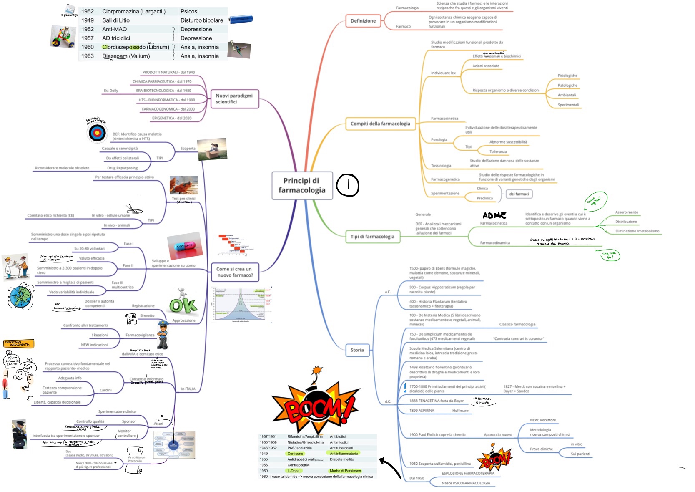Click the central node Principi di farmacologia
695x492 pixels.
(302, 185)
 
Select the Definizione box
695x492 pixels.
(363, 20)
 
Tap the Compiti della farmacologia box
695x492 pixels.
(380, 124)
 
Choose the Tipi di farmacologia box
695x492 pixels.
(372, 237)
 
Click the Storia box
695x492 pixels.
(357, 350)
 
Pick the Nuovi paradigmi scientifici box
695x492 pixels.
(234, 99)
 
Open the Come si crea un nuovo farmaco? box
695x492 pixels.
(234, 272)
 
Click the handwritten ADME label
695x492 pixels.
(494, 215)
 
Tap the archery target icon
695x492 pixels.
(97, 133)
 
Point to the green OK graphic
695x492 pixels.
(183, 305)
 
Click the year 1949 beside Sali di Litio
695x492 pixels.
(88, 20)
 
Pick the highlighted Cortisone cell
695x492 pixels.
(295, 454)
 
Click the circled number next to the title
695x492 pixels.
(348, 185)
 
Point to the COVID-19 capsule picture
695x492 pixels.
(185, 245)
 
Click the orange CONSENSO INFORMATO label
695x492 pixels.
(18, 343)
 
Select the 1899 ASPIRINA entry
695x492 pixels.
(422, 411)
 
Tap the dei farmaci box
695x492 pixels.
(519, 194)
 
